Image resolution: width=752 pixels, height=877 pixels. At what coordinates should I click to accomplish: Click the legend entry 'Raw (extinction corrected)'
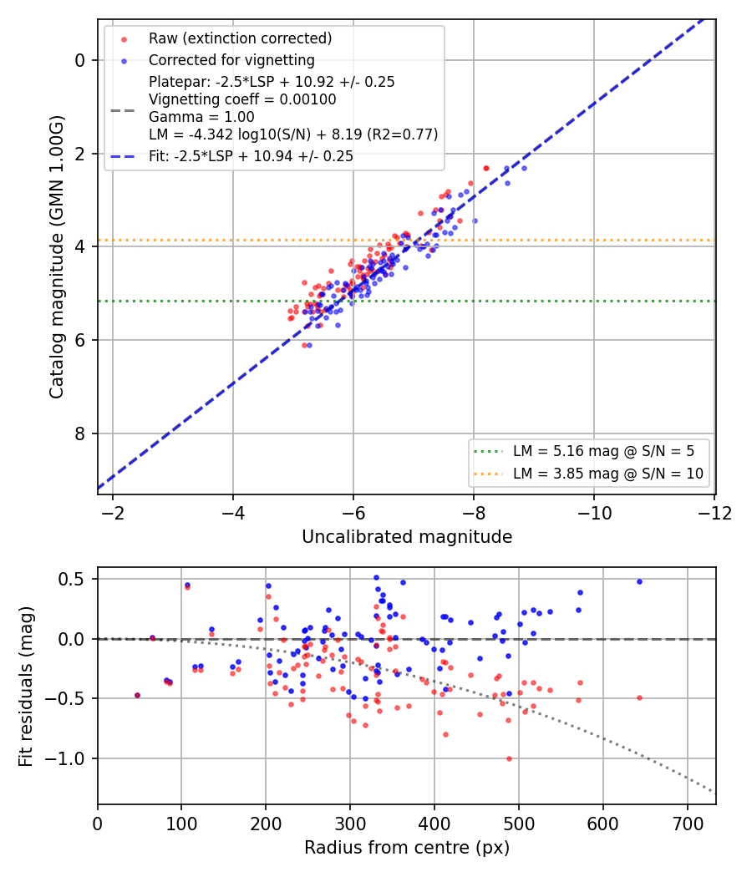(240, 38)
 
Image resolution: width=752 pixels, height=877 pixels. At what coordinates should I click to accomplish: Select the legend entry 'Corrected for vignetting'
(231, 60)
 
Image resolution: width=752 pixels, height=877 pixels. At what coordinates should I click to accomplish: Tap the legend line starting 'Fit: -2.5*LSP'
(251, 156)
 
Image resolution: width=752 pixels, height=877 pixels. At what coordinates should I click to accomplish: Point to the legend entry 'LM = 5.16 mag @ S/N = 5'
(603, 451)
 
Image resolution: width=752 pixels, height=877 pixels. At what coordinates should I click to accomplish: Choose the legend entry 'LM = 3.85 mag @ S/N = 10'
(607, 474)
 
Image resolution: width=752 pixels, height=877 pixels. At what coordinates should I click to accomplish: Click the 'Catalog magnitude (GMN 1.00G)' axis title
(57, 256)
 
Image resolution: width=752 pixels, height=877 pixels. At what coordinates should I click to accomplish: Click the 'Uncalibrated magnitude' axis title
(407, 537)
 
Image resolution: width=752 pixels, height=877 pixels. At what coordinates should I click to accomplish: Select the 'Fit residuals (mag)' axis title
(26, 687)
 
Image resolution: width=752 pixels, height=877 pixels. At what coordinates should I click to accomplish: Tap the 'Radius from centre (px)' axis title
(407, 848)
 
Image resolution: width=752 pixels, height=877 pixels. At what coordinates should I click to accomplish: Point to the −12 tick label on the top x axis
(714, 513)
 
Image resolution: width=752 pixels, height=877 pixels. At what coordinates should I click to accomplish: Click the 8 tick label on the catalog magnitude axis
(80, 433)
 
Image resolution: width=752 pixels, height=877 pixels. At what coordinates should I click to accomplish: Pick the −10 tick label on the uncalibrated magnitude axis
(594, 513)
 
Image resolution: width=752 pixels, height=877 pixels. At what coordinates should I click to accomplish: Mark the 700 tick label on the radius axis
(687, 824)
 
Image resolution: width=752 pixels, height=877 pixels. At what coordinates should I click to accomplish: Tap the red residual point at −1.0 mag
(509, 759)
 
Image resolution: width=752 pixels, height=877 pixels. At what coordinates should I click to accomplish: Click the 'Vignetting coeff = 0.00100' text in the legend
(242, 99)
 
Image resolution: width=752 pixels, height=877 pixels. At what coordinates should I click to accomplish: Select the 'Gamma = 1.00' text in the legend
(201, 117)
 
